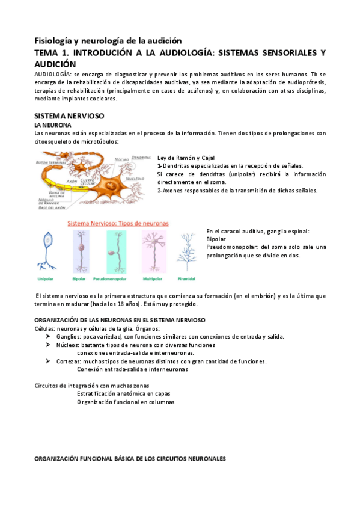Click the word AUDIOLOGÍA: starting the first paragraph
point(53,73)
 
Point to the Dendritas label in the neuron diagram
point(141,157)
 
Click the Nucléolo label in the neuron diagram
point(136,179)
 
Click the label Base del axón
point(52,207)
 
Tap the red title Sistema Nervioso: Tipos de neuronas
point(118,223)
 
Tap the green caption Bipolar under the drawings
point(79,278)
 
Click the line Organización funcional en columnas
point(126,402)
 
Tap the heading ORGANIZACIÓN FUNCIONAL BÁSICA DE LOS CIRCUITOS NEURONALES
point(130,459)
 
